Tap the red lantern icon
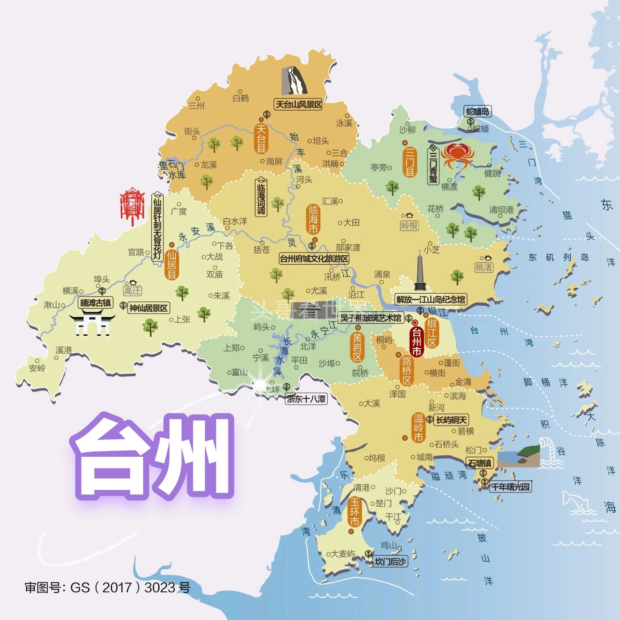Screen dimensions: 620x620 [132, 206]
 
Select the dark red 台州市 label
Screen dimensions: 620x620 [416, 342]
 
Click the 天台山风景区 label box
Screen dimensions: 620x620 [298, 105]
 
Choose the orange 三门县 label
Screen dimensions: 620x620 [410, 162]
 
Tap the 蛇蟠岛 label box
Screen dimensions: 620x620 [477, 112]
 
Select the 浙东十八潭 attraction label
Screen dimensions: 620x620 [306, 399]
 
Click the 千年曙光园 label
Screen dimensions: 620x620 [510, 487]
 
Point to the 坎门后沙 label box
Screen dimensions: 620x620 [390, 562]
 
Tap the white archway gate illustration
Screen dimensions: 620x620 [92, 325]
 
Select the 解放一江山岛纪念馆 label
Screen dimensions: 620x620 [431, 299]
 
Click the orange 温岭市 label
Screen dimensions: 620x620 [418, 428]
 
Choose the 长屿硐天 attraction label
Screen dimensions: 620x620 [451, 420]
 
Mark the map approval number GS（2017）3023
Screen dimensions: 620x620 [107, 587]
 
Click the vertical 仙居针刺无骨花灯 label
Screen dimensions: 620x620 [158, 227]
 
